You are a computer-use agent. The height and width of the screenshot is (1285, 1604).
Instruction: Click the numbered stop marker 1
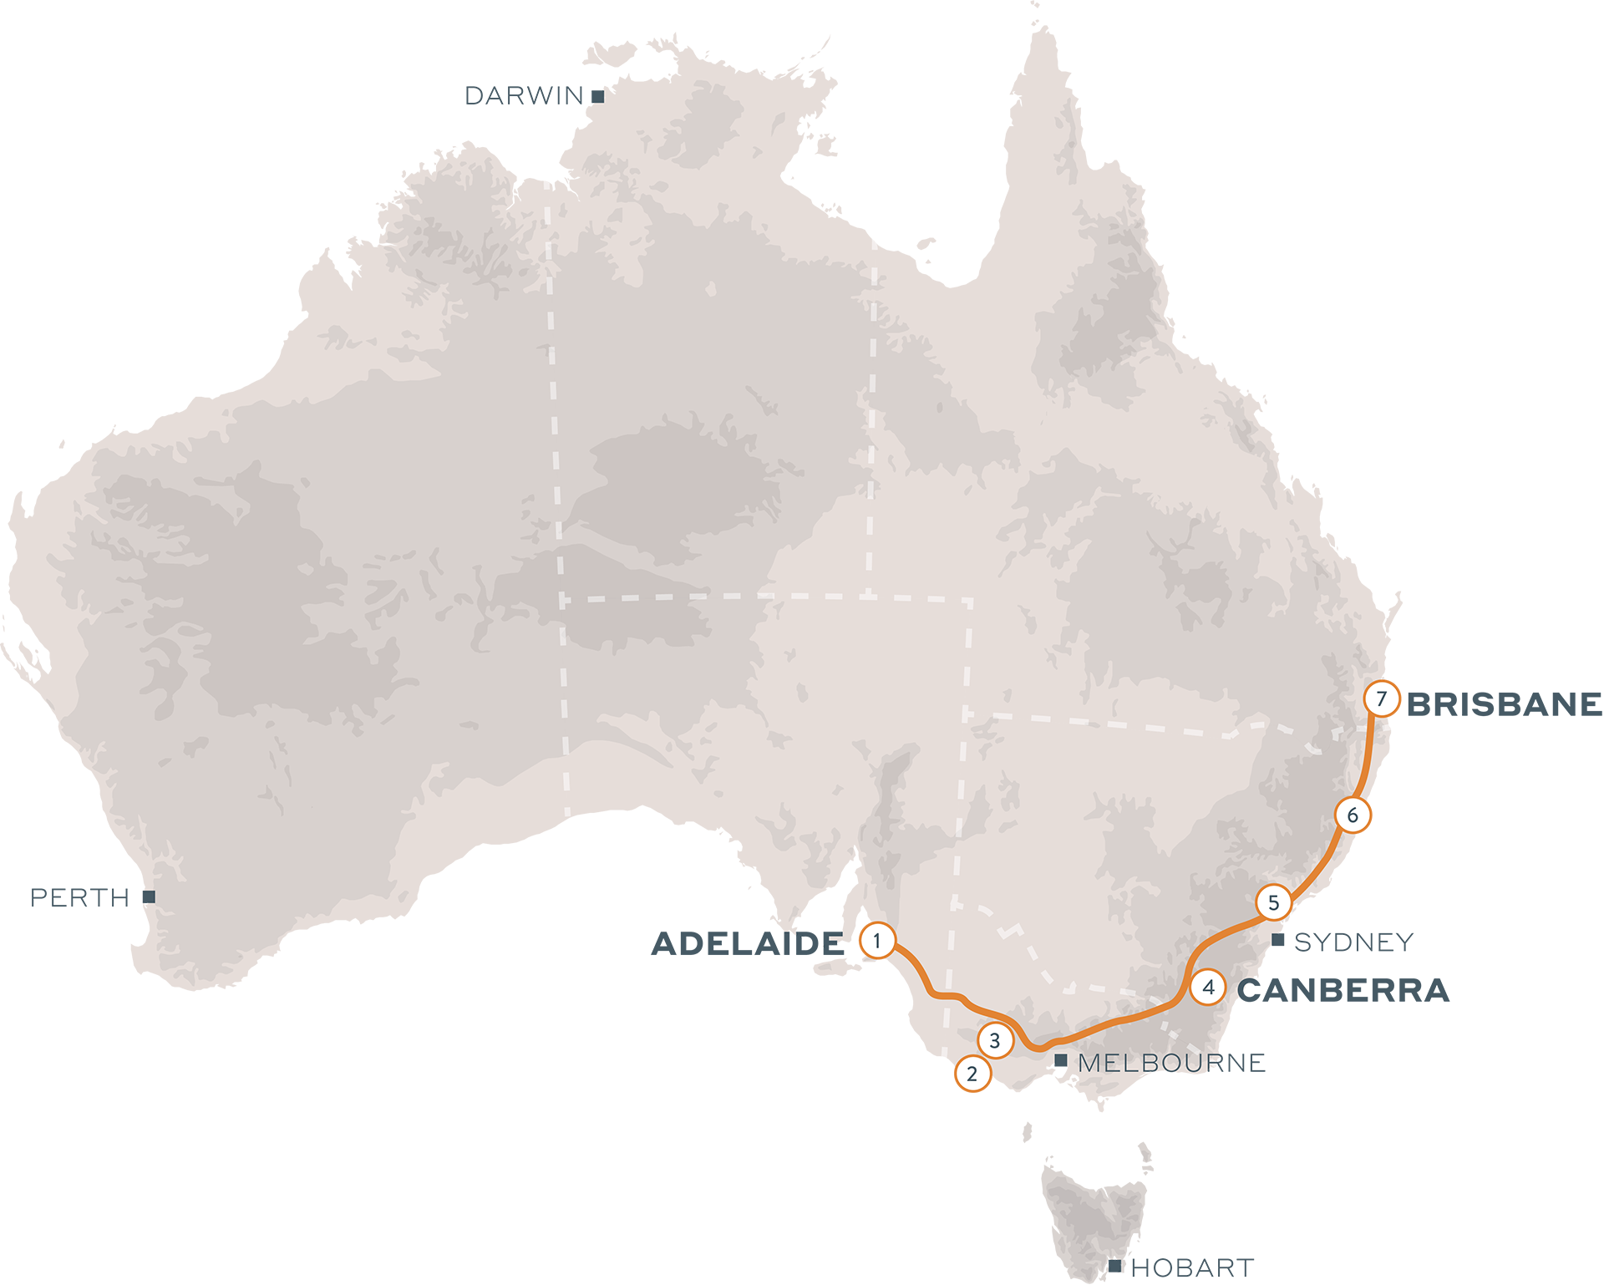(876, 942)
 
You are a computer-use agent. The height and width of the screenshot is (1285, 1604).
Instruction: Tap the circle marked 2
(972, 1074)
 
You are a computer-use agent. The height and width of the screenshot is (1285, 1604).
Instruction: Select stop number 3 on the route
(994, 1041)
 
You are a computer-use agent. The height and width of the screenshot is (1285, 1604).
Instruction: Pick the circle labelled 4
(1208, 987)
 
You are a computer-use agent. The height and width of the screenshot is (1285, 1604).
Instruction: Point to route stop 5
(1273, 902)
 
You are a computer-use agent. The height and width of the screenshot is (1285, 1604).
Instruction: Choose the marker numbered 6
(1353, 815)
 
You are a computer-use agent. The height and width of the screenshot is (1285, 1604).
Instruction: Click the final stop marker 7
(1381, 698)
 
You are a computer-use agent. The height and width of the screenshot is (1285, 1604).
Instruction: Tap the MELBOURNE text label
(1150, 1064)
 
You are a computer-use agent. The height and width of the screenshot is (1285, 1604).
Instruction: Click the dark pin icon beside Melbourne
(1061, 1063)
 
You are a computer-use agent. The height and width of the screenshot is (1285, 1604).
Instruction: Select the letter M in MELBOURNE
(1089, 1064)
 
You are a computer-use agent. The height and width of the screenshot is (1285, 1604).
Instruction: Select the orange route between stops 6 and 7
(1369, 756)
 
